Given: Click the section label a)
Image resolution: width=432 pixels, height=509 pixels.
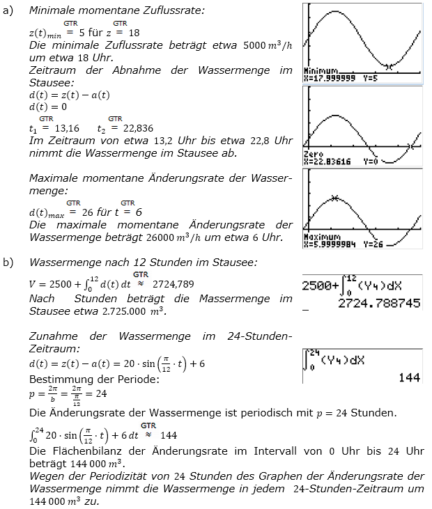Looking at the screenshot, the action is (x=8, y=10).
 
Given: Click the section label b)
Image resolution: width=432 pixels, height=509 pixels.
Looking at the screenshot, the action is (x=8, y=262).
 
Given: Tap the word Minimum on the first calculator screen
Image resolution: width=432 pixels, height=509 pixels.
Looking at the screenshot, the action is (x=321, y=72).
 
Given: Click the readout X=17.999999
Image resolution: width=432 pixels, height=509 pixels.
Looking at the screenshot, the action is (x=330, y=78).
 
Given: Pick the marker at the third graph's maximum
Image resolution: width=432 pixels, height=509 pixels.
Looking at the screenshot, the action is (x=335, y=198).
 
